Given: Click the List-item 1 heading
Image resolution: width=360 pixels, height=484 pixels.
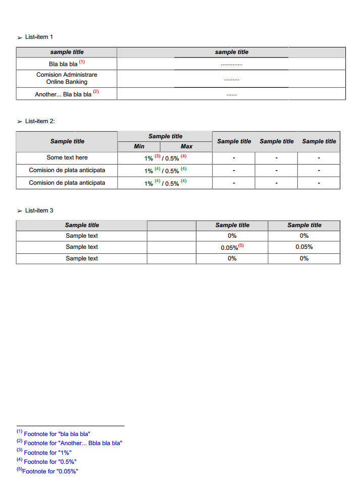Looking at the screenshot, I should click(38, 37).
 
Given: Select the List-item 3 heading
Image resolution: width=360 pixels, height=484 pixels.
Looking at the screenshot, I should click(38, 210).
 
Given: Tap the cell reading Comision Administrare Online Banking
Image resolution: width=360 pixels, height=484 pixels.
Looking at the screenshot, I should click(67, 78).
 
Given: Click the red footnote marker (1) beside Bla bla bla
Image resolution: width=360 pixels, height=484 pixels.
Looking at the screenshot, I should click(82, 62).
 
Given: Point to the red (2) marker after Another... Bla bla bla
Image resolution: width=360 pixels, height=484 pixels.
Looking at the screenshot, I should click(96, 92).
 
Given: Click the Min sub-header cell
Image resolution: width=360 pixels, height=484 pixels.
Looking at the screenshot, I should click(139, 146).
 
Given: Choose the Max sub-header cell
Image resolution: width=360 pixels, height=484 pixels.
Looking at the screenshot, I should click(186, 146).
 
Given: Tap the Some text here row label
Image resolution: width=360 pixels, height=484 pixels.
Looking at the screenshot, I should click(67, 157).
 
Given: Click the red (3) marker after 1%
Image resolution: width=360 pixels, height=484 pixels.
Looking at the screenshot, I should click(158, 156).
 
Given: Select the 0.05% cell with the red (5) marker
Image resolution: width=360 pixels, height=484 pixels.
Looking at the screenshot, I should click(232, 247).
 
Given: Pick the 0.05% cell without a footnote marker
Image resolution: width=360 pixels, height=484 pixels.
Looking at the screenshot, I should click(304, 247).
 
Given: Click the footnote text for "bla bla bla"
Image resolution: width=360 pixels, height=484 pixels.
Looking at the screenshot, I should click(57, 434).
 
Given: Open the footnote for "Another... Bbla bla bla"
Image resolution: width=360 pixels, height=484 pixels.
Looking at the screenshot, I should click(73, 443).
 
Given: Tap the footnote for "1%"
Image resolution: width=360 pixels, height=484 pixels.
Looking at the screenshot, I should click(47, 453).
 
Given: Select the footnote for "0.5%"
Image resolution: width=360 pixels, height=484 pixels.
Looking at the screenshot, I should click(50, 462).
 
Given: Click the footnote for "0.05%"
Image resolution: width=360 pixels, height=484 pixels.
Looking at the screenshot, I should click(50, 471).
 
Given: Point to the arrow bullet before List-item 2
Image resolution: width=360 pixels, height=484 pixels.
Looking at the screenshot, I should click(20, 122).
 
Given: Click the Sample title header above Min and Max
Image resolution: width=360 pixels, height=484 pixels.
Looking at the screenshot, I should click(165, 136).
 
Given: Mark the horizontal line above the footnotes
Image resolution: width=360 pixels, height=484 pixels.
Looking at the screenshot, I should click(70, 425).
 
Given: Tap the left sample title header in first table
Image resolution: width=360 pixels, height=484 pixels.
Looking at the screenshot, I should click(67, 52).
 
